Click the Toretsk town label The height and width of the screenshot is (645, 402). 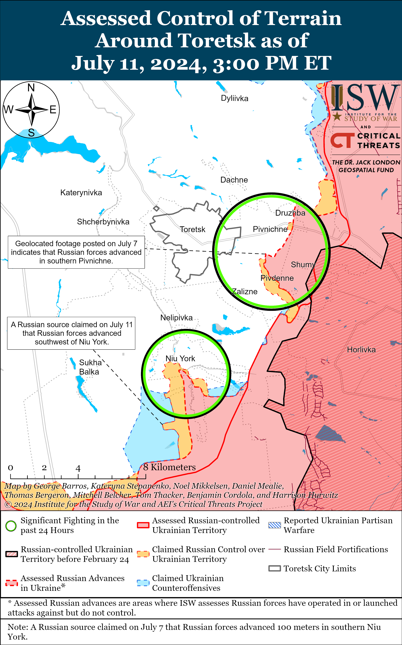[x=192, y=229]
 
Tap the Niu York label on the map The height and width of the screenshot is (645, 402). [x=180, y=359]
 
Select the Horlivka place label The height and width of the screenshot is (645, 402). [x=361, y=350]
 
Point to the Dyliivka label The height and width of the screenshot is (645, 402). [x=235, y=98]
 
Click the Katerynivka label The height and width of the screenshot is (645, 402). [x=81, y=193]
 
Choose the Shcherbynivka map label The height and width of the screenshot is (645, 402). [x=103, y=222]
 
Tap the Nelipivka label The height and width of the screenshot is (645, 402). [x=176, y=318]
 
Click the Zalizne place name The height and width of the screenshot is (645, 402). [x=245, y=292]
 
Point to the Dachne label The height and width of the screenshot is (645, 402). [x=234, y=180]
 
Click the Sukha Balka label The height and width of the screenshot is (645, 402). [x=90, y=367]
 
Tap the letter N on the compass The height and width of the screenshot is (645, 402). [x=31, y=88]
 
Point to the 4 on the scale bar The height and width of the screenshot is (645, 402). [x=78, y=468]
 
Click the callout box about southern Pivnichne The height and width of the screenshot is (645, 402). [x=76, y=252]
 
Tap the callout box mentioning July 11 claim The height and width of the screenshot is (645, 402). [x=71, y=333]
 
